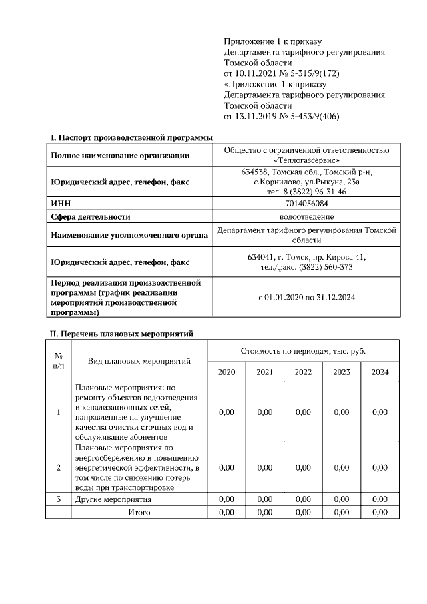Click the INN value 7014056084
306,204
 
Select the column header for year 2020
226,372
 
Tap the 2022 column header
303,372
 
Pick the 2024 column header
380,372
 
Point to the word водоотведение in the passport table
306,216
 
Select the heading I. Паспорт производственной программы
131,137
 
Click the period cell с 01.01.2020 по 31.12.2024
306,297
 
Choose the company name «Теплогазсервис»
306,160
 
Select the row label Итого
139,512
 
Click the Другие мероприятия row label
113,499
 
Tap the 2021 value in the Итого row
264,512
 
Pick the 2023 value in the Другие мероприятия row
341,499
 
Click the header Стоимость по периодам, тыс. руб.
303,350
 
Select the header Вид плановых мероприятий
139,361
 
